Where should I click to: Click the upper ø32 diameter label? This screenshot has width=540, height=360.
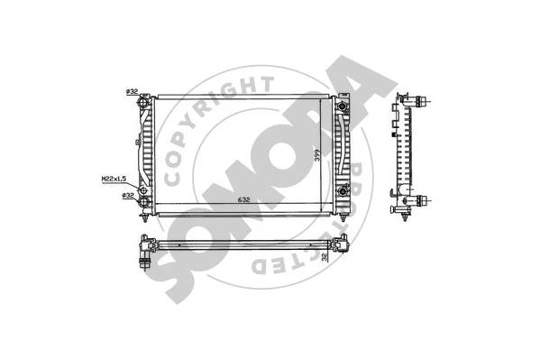click(x=131, y=92)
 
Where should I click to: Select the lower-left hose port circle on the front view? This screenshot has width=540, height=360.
click(x=144, y=191)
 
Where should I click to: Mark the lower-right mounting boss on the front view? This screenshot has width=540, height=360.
click(x=343, y=191)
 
